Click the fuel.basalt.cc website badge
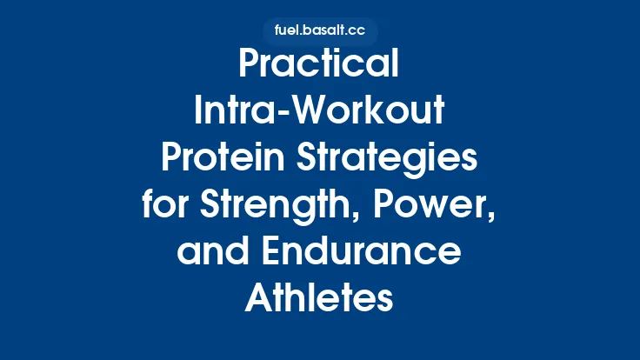[319, 30]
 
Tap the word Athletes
[320, 297]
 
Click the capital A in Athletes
[258, 297]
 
